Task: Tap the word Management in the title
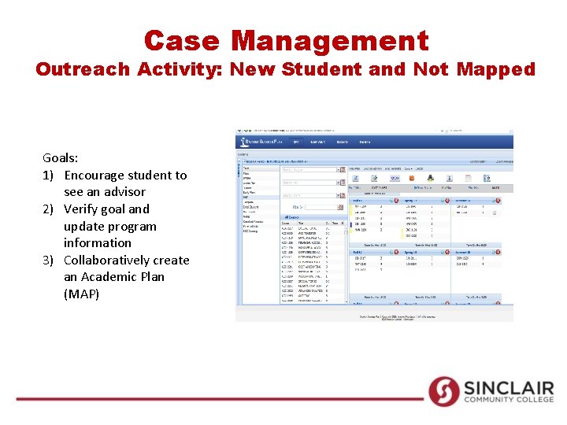point(331,40)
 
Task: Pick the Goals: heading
point(61,157)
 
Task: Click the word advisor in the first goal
point(123,192)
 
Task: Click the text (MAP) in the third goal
point(82,294)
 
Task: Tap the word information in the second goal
point(98,243)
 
